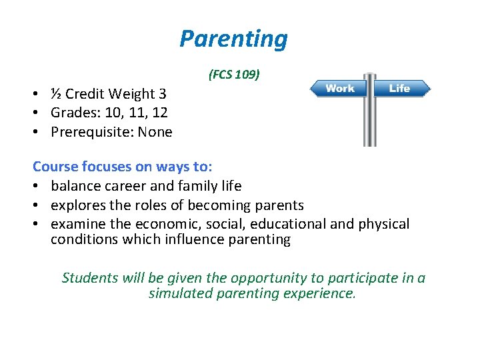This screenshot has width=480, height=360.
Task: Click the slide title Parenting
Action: [x=233, y=39]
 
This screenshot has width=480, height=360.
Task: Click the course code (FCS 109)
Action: [x=233, y=75]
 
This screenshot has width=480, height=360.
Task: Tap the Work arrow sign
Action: [x=340, y=89]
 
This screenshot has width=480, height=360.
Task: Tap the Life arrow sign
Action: [x=400, y=89]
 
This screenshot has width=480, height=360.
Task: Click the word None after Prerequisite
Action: [x=155, y=133]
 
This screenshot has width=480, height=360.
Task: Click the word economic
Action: [x=160, y=224]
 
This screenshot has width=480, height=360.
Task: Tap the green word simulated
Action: [x=180, y=293]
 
